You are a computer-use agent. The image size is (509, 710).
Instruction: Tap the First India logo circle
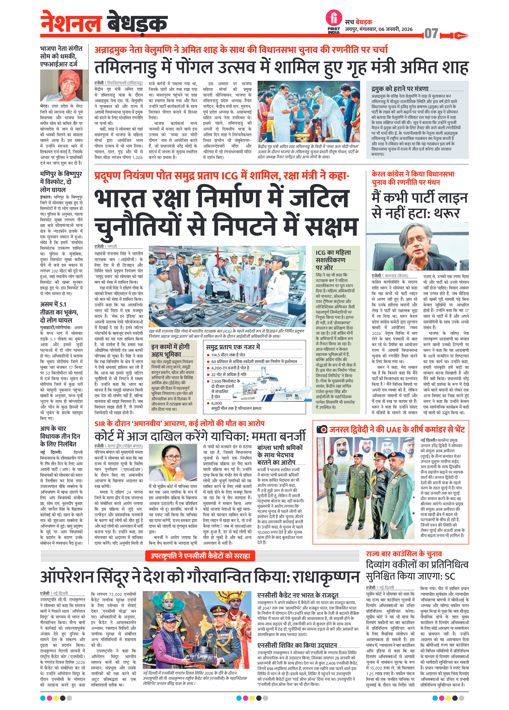click(334, 18)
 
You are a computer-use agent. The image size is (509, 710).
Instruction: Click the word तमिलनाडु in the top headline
click(125, 67)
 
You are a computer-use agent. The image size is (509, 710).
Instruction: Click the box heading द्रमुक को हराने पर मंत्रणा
click(400, 89)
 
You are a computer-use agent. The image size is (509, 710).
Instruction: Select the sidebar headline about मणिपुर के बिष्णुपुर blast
click(61, 182)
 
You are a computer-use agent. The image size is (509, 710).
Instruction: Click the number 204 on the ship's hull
click(289, 395)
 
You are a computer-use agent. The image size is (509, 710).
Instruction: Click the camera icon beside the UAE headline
click(322, 429)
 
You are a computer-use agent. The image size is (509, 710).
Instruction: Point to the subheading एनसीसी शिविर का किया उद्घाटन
click(297, 645)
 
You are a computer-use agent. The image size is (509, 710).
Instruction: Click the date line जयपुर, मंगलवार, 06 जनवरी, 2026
click(379, 29)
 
